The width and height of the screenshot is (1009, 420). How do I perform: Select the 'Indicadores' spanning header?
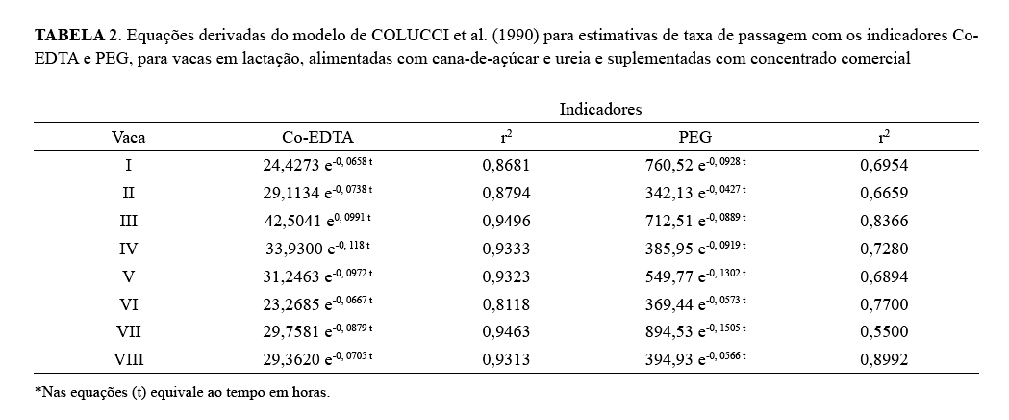click(600, 110)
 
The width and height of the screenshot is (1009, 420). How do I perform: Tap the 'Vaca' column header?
click(128, 137)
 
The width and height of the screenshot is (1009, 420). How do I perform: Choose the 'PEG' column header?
click(695, 137)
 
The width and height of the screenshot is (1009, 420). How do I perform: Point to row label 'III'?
click(128, 221)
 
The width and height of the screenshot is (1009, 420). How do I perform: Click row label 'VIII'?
click(128, 360)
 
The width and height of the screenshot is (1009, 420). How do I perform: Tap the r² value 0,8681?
click(506, 165)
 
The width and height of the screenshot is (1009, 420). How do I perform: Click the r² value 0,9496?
click(506, 221)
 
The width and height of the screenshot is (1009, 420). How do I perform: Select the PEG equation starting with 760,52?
click(695, 165)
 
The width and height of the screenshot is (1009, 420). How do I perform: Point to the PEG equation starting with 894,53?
click(695, 332)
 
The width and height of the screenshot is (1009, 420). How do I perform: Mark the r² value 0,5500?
click(884, 332)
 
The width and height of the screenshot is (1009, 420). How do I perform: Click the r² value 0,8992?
click(884, 360)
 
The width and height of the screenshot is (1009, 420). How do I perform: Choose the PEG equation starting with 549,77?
click(695, 276)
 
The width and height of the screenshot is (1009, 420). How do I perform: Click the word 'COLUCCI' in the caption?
click(411, 36)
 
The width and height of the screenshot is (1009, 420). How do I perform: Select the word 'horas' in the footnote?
click(308, 393)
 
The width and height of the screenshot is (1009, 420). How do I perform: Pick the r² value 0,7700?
click(884, 304)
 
